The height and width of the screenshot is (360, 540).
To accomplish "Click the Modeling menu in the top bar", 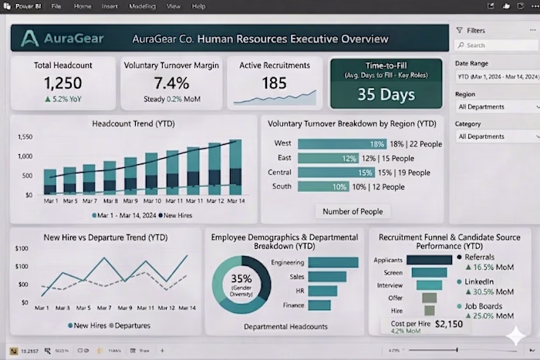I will pos(143,6).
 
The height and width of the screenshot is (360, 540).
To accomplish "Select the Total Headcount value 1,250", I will pos(63,83).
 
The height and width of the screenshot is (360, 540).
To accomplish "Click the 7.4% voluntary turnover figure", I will pos(171,83).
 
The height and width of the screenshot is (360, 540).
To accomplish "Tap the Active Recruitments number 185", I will pos(274,82).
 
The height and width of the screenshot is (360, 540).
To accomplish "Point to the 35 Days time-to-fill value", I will pos(387,94).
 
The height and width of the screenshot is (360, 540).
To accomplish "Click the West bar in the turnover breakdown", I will pos(342,144).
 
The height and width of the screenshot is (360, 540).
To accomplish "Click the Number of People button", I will pos(353,211).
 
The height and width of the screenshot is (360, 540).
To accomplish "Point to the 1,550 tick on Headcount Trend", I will pos(24,136).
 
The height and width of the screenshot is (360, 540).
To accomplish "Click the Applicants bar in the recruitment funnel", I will pos(424,260).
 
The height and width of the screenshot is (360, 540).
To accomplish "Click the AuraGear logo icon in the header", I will pos(30,38).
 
